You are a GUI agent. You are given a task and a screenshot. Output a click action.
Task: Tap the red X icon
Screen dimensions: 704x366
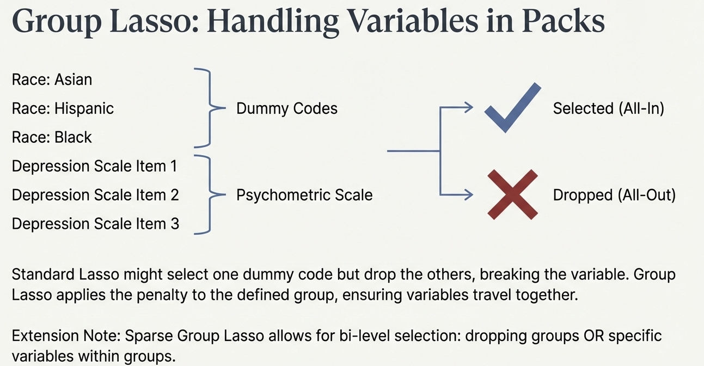point(512,194)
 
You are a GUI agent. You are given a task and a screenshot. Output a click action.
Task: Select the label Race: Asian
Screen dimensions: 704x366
point(52,79)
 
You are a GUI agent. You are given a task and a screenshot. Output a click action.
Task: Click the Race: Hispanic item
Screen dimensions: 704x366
point(63,108)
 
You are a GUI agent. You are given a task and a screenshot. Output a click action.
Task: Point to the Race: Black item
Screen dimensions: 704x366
point(52,137)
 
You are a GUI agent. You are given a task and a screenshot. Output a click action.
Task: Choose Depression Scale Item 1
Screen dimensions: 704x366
point(94,166)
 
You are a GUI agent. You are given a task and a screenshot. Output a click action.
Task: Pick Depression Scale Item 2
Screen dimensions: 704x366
point(95,195)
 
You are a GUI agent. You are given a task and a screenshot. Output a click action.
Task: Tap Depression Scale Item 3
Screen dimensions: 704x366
point(95,224)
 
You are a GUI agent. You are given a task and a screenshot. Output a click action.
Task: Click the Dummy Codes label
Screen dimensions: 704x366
point(286,108)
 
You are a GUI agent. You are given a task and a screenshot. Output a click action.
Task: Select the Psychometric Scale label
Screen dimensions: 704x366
point(304,195)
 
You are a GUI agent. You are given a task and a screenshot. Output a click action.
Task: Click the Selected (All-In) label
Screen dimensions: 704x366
point(609,108)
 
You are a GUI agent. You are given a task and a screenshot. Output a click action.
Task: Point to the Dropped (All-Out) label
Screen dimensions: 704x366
point(614,195)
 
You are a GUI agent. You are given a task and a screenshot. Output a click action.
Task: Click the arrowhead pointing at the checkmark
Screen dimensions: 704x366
point(469,107)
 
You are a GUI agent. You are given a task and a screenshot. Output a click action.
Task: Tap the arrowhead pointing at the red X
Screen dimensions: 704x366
point(469,194)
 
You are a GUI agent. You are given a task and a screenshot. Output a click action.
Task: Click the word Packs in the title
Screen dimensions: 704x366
point(563,21)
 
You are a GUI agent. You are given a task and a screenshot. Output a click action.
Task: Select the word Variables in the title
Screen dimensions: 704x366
point(413,21)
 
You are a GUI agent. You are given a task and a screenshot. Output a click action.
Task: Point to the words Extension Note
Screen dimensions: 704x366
point(66,336)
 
